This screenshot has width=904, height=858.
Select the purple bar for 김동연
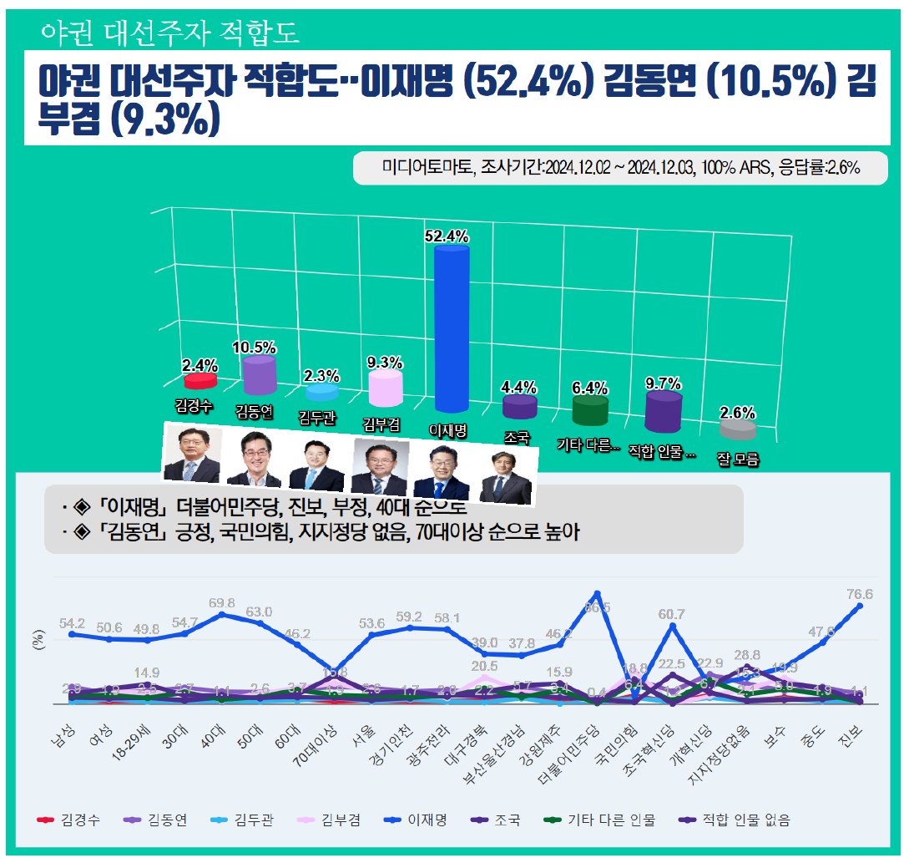click(x=259, y=375)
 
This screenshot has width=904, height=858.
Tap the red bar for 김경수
click(x=200, y=381)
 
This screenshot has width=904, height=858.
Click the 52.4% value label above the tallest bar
click(x=447, y=236)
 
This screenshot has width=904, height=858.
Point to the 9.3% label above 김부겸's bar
click(x=385, y=363)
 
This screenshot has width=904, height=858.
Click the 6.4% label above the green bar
click(x=589, y=388)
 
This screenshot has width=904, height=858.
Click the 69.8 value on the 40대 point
click(x=221, y=602)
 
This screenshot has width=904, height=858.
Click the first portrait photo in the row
click(x=191, y=454)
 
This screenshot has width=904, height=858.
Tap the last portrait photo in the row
click(x=505, y=478)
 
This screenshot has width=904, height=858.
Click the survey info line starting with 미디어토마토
click(x=620, y=168)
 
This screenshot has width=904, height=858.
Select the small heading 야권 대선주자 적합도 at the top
click(x=169, y=33)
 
